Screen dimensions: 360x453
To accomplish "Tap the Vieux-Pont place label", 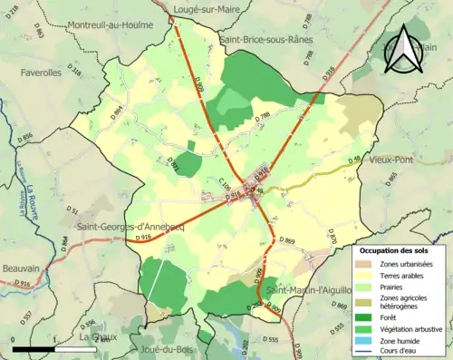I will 391,159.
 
